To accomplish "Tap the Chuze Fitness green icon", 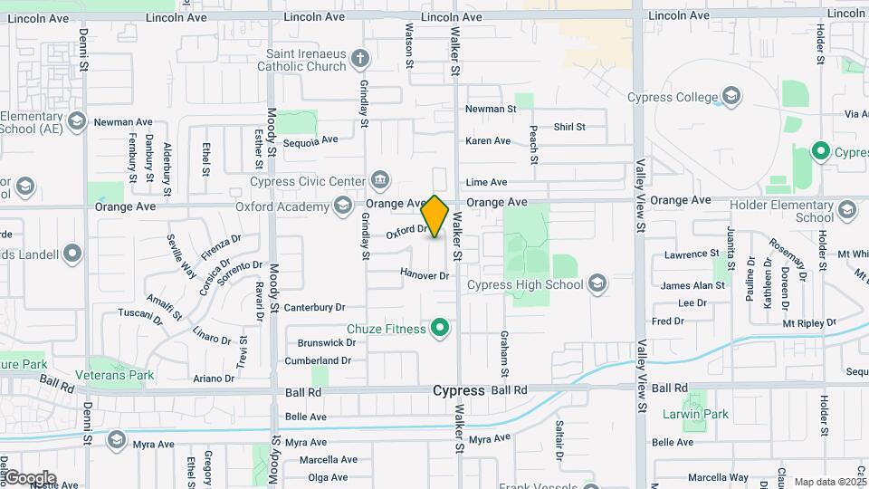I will tap(441, 328).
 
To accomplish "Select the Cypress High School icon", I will tap(597, 285).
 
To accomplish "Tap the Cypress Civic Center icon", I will tap(381, 180).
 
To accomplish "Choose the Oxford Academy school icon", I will tap(343, 207).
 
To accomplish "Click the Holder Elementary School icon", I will tap(847, 210).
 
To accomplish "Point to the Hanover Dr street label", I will tap(425, 274).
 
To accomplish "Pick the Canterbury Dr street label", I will tap(315, 308).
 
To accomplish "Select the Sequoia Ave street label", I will tap(310, 139).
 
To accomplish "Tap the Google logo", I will tap(29, 477).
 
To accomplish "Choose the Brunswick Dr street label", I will tap(326, 342).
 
